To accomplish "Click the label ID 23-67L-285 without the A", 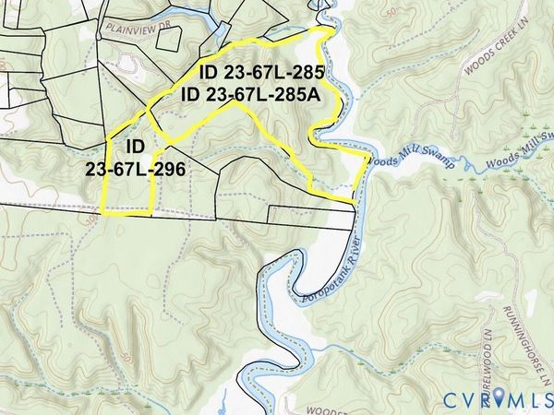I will pyautogui.click(x=248, y=73).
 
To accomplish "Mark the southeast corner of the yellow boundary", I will pyautogui.click(x=355, y=200).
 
